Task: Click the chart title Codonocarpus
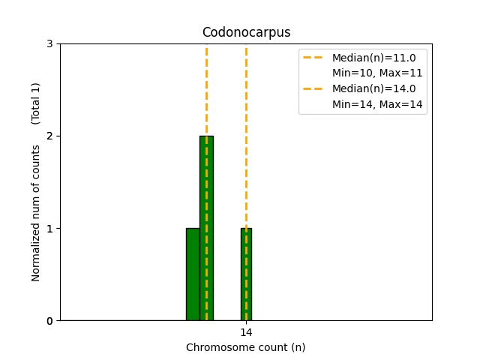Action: click(247, 32)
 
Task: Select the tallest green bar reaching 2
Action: click(207, 228)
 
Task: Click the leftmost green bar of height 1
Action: click(193, 274)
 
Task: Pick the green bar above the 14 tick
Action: click(247, 274)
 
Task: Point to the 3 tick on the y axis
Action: click(49, 43)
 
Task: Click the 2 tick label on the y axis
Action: click(49, 136)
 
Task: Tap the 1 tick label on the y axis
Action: click(49, 229)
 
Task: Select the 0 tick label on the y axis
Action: click(49, 321)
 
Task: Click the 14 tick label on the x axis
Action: click(246, 332)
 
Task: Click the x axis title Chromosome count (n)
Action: click(246, 347)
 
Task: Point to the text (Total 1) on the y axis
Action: click(35, 103)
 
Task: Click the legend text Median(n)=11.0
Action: click(374, 58)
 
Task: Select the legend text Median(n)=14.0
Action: click(374, 88)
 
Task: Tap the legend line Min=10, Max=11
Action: click(377, 73)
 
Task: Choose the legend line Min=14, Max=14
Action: click(377, 104)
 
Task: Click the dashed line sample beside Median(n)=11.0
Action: click(313, 58)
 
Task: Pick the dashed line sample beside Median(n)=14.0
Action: click(313, 88)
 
